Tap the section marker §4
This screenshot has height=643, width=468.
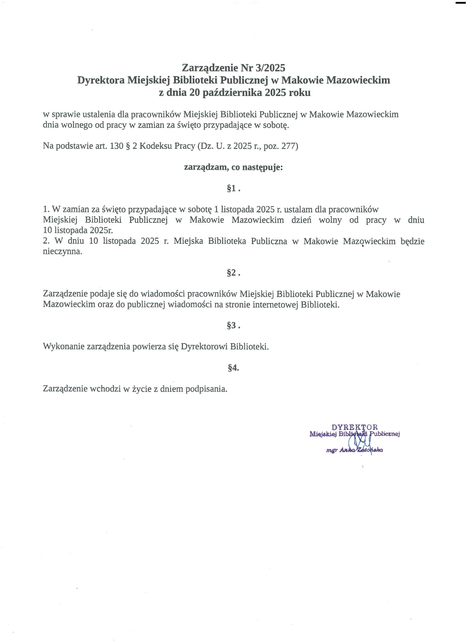pyautogui.click(x=233, y=368)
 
